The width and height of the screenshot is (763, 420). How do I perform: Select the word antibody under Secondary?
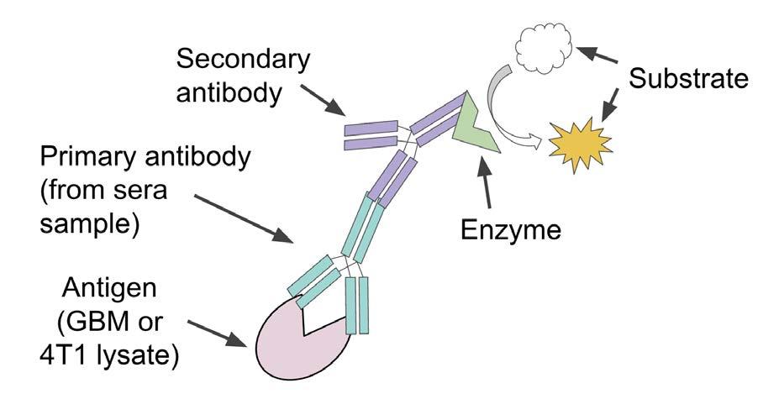(229, 92)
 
